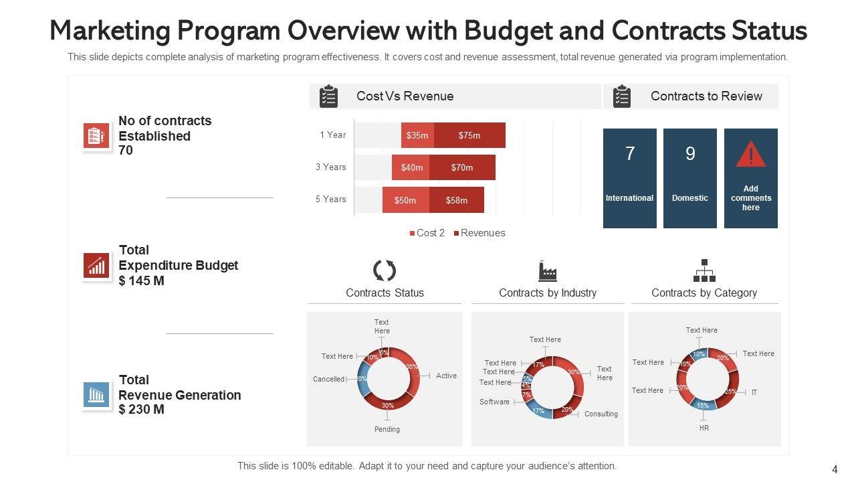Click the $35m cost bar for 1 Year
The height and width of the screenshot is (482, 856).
417,135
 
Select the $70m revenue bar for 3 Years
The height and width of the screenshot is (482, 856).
462,167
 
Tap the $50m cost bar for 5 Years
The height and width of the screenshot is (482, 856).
405,200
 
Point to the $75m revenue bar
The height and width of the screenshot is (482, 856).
469,135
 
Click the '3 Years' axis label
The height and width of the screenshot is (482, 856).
331,167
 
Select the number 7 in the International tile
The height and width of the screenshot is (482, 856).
630,154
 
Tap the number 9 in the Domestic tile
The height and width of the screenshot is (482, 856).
690,154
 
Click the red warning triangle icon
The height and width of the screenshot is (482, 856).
751,155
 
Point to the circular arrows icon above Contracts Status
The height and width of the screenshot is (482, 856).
385,271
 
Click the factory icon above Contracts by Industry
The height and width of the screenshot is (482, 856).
548,271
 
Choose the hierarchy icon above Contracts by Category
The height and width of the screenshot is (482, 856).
704,270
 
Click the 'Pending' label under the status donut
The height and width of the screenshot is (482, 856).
387,429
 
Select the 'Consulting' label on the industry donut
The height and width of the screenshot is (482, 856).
601,414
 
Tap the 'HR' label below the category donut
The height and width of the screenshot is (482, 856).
704,427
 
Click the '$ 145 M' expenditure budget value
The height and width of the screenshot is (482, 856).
142,280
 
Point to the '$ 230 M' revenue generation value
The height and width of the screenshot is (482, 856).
142,409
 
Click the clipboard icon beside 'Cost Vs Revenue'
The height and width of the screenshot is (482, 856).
328,96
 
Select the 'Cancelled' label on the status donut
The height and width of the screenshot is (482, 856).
329,379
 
